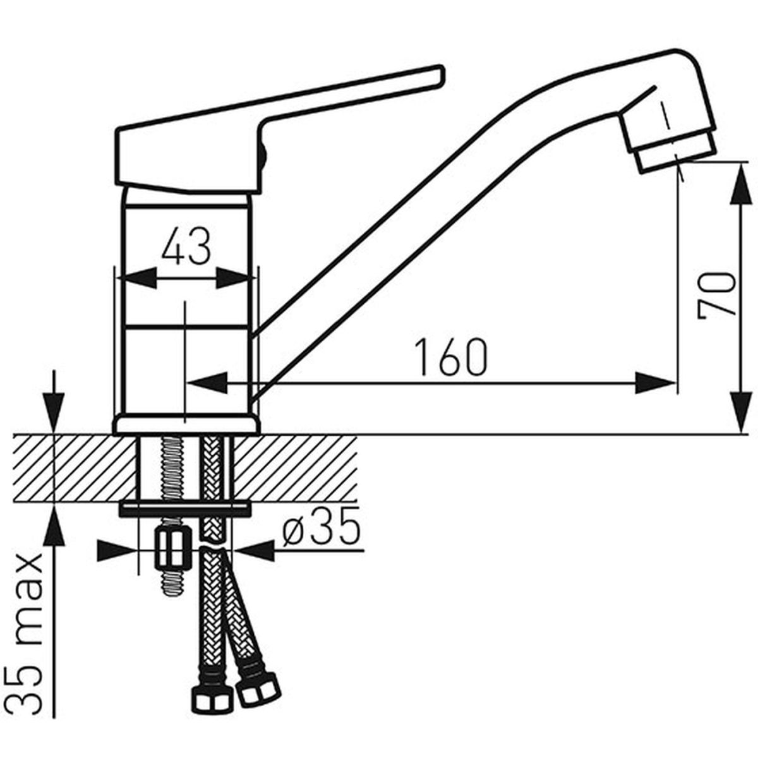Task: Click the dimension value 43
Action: tap(186, 246)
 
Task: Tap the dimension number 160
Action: tap(452, 356)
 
